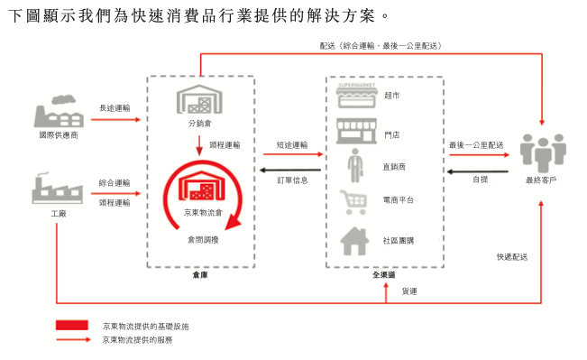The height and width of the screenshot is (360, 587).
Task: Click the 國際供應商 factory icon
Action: pos(55,114)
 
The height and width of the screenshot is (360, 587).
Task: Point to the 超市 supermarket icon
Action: pos(354,96)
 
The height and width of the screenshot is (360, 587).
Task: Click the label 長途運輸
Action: pos(115,108)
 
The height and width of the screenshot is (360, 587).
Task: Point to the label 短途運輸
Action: pos(291,144)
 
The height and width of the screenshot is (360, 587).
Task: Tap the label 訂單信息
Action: pos(291,180)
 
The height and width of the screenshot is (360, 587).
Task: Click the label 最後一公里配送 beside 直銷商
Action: pos(475,144)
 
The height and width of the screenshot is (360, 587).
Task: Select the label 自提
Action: pos(480,180)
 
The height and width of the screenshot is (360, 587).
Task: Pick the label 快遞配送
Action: pos(511,256)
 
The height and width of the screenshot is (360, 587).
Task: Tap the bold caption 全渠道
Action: pos(383,274)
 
